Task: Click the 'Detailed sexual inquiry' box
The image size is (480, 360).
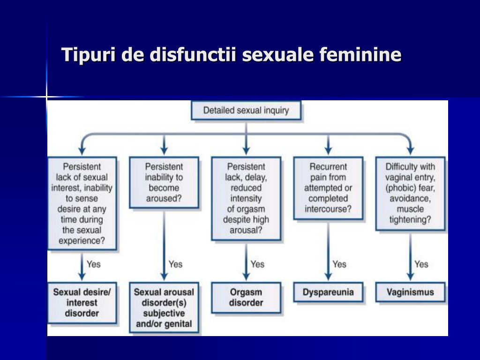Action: pyautogui.click(x=246, y=110)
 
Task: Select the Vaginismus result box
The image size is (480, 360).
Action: pyautogui.click(x=410, y=292)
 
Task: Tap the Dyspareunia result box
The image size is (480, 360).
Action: pyautogui.click(x=328, y=292)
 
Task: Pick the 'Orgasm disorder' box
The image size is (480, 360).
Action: pyautogui.click(x=246, y=298)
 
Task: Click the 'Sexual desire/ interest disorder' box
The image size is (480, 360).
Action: pyautogui.click(x=82, y=303)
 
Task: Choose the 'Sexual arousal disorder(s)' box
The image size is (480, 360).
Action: pyautogui.click(x=164, y=307)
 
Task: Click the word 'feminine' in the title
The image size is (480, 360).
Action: pyautogui.click(x=360, y=54)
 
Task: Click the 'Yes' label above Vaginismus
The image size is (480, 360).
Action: pyautogui.click(x=421, y=264)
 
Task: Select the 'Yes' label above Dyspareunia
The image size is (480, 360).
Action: pyautogui.click(x=339, y=264)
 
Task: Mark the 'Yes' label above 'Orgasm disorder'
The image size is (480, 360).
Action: pyautogui.click(x=257, y=264)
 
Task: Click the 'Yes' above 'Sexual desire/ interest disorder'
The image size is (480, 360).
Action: pyautogui.click(x=93, y=264)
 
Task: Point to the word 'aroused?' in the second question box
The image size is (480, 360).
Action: pyautogui.click(x=164, y=198)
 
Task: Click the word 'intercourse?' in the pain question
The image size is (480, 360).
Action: pyautogui.click(x=328, y=209)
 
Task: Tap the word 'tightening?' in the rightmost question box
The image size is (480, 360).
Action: pyautogui.click(x=410, y=219)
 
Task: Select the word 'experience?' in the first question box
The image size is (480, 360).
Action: pyautogui.click(x=82, y=240)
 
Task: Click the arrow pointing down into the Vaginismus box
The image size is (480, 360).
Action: pyautogui.click(x=410, y=256)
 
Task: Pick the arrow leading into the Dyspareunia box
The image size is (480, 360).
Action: pyautogui.click(x=328, y=250)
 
